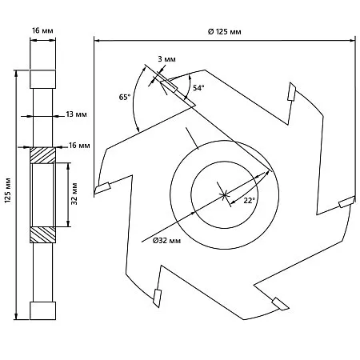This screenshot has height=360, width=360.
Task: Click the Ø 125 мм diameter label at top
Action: click(224, 32)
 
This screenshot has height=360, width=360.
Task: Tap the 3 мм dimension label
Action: click(166, 59)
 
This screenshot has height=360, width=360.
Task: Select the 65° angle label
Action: click(125, 97)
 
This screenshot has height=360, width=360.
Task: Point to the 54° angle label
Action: click(198, 88)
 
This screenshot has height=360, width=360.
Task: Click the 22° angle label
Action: click(250, 201)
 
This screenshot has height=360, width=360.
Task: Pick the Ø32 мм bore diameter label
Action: click(166, 241)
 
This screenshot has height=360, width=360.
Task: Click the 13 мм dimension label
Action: click(76, 114)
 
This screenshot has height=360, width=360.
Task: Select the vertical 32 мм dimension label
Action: click(74, 194)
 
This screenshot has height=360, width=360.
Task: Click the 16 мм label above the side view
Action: click(42, 30)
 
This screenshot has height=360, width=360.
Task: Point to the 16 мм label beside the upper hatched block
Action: click(79, 146)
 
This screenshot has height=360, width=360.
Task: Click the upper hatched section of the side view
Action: click(42, 155)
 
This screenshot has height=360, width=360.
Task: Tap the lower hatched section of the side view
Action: click(42, 234)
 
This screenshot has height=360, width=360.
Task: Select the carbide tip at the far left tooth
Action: click(102, 187)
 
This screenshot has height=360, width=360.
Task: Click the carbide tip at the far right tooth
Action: click(347, 202)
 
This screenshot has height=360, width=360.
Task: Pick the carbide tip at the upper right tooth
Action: click(291, 91)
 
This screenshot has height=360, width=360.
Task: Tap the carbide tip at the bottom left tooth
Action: click(157, 298)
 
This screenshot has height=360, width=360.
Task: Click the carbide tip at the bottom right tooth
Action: click(280, 304)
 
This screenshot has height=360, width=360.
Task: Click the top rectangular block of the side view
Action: click(42, 79)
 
